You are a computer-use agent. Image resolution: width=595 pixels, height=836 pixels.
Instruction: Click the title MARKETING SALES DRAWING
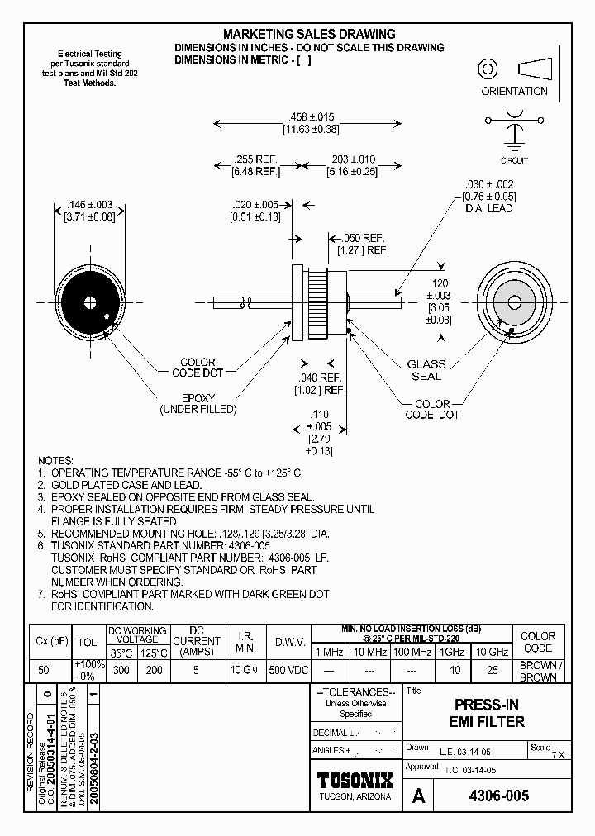pos(309,34)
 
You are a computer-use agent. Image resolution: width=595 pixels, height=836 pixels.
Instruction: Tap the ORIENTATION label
pos(514,91)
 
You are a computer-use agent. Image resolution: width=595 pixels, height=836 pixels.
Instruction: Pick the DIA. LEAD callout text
pos(489,208)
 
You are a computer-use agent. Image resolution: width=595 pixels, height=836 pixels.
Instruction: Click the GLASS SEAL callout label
pos(426,370)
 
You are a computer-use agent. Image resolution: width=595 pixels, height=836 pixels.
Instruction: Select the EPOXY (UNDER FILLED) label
pos(198,403)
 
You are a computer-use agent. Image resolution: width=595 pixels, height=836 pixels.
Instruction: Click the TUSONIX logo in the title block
pos(355,779)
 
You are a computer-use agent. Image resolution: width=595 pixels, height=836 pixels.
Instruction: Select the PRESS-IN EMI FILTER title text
pos(487,714)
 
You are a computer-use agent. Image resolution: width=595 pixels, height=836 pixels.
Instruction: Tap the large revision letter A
pos(419,796)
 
